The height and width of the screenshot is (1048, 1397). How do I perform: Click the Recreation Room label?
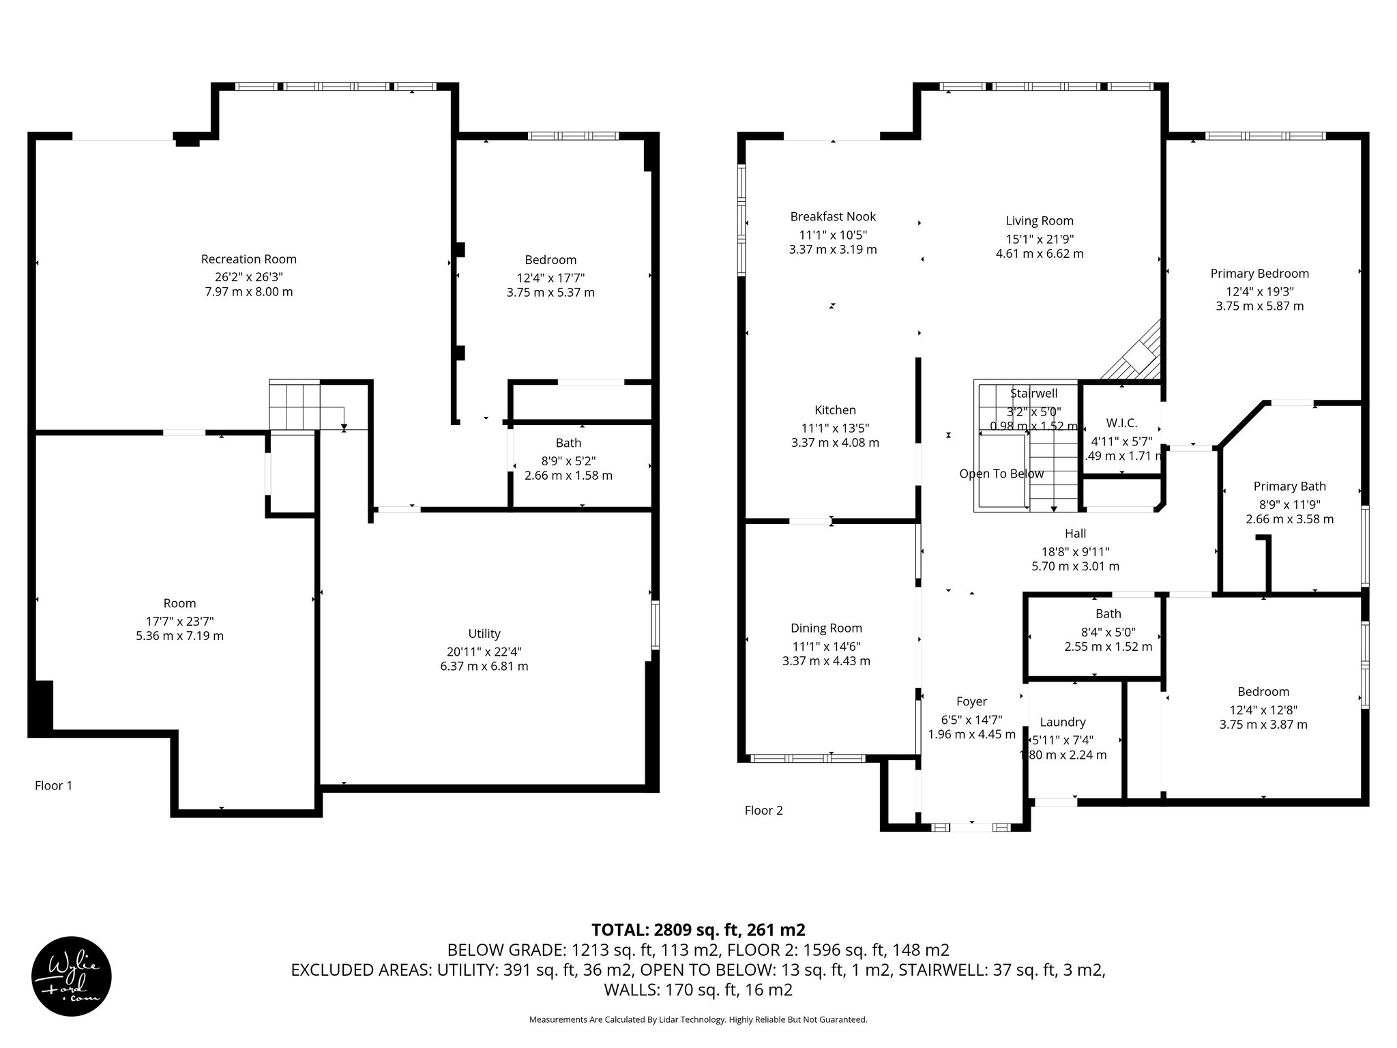(248, 259)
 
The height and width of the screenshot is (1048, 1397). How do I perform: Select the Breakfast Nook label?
(833, 217)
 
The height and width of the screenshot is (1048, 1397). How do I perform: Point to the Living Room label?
(1040, 221)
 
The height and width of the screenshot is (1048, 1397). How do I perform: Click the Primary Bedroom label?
(1259, 274)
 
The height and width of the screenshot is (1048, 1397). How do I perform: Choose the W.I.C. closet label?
(1121, 423)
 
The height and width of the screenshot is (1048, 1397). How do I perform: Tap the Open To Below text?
(1001, 474)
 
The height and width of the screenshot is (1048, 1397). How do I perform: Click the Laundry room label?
(1062, 723)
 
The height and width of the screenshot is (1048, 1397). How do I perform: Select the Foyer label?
(971, 701)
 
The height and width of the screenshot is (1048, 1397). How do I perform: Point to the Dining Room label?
(826, 628)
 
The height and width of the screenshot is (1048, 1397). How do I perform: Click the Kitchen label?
(835, 410)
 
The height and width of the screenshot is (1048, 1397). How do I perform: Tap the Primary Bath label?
(1289, 486)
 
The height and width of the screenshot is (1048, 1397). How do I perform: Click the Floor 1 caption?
(53, 786)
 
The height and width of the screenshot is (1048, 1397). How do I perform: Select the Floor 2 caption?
(763, 811)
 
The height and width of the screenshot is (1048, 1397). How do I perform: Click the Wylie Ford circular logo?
(72, 976)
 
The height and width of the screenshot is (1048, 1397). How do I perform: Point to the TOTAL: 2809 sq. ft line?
(698, 930)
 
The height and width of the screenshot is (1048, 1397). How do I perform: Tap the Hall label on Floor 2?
(1075, 534)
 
